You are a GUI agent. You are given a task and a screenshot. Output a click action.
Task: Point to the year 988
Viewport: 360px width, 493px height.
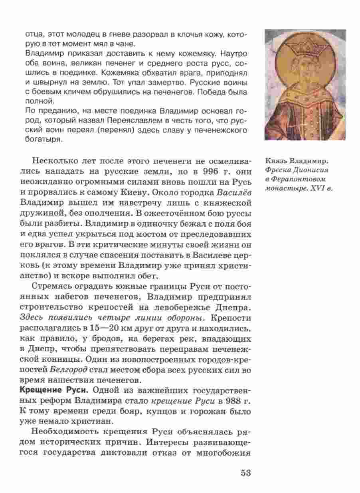(x=217, y=400)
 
